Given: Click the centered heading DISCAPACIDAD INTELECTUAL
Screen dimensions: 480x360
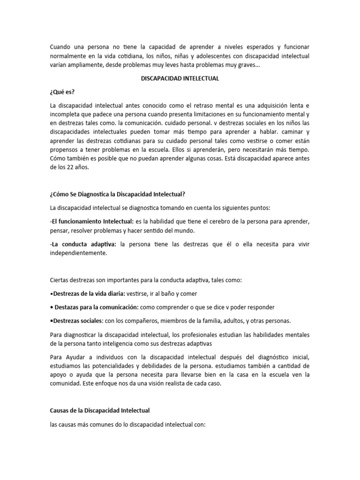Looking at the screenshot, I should click(180, 79).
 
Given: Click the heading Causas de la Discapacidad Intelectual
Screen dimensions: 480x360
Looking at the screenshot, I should click(99, 410).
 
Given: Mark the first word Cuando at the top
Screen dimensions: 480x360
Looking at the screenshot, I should click(61, 47).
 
